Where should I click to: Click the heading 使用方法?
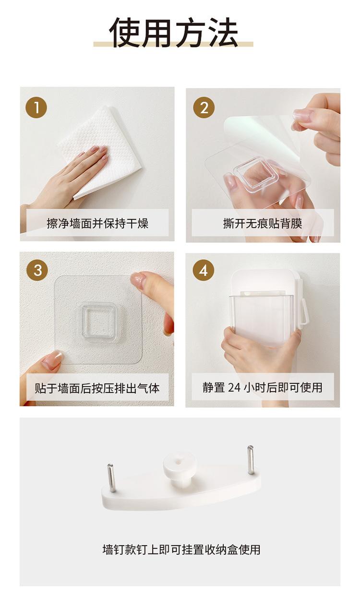[x=174, y=33]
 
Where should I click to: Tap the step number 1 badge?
[x=36, y=108]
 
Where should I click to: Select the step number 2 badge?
[x=204, y=108]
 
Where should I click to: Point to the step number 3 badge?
[x=37, y=270]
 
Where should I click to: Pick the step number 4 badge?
[x=204, y=270]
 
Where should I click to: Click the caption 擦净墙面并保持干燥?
[x=97, y=223]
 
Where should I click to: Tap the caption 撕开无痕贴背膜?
[x=263, y=223]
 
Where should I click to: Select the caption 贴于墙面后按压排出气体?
[x=97, y=388]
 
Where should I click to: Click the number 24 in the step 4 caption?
[x=234, y=388]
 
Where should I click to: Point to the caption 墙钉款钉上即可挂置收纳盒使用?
[x=181, y=550]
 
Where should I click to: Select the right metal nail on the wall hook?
[x=251, y=460]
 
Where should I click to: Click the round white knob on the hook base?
[x=179, y=466]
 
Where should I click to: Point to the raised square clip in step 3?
[x=99, y=322]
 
